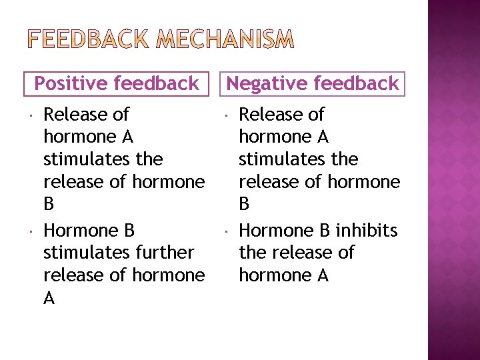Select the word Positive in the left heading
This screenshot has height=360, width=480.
tap(71, 83)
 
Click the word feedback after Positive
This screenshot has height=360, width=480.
tap(157, 83)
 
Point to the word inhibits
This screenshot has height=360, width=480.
tap(367, 231)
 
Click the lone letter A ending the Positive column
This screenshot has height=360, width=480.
tap(49, 298)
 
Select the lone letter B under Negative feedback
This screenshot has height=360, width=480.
tap(244, 203)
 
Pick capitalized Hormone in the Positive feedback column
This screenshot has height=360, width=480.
tap(79, 231)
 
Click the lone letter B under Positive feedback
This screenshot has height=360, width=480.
tap(49, 203)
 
